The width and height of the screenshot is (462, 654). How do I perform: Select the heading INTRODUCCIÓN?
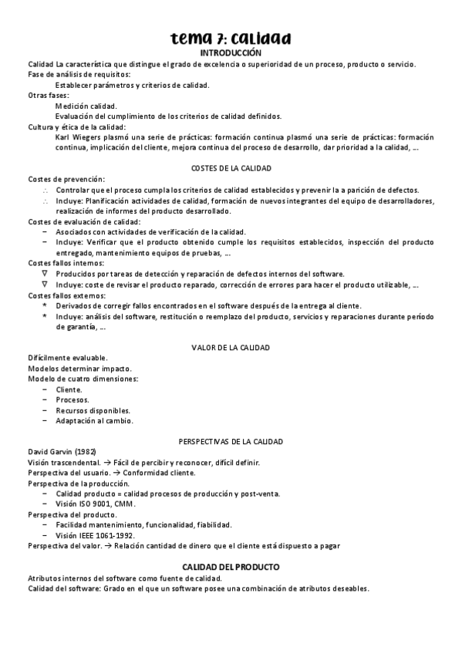coord(231,52)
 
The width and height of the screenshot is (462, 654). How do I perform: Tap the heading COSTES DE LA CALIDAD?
coord(231,168)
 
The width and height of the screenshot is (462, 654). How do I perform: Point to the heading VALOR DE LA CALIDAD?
coord(231,348)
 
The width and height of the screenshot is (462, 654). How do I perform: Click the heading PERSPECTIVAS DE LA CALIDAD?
coord(231,441)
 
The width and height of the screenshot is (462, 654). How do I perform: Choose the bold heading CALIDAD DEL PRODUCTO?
coord(231,567)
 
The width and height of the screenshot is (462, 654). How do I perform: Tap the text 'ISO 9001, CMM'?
coord(103,504)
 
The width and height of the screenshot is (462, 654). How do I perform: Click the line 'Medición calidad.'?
coord(86,106)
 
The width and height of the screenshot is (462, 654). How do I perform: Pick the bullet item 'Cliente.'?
coord(69,389)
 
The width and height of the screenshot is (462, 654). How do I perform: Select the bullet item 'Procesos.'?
coord(72,400)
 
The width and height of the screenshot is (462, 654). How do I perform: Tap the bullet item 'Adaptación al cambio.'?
coord(94,421)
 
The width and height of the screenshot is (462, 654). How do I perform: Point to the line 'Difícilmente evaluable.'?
coord(68,359)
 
